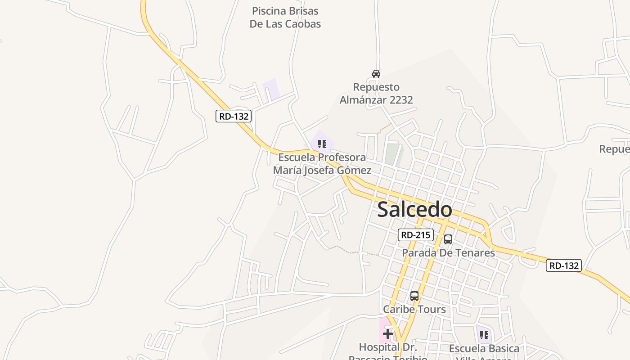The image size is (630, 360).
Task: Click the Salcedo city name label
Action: point(414,210)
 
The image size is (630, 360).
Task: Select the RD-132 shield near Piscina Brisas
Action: point(233,116)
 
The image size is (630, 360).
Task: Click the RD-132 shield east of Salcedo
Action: point(564,265)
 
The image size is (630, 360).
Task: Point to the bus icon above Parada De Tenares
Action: point(448,239)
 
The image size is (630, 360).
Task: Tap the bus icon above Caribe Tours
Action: point(414,296)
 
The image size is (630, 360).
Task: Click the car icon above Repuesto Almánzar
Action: point(376,73)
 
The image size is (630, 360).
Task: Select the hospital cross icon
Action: point(388,334)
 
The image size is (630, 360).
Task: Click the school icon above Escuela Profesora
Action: point(322,144)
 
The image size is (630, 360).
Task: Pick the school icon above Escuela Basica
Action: point(484,335)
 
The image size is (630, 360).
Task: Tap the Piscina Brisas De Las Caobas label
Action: point(285,17)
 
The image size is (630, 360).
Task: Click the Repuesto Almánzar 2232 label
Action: point(376,93)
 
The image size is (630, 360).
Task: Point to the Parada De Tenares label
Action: point(448,253)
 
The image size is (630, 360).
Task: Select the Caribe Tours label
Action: point(414,309)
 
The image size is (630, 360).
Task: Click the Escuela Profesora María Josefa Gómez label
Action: point(322,164)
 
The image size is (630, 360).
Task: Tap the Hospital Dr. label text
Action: point(388,347)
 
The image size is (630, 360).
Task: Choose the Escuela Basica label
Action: point(484,348)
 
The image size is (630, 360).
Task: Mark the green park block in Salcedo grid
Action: point(392,153)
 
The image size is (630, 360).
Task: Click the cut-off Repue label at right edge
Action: point(615,149)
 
